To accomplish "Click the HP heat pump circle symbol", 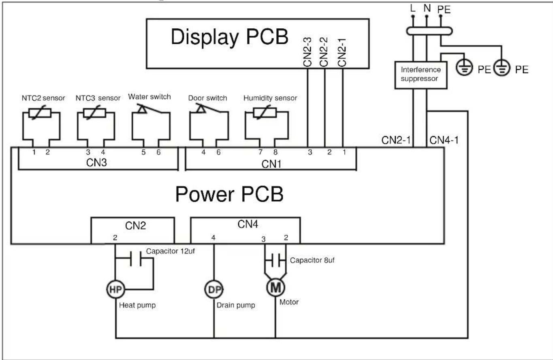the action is [x=115, y=289].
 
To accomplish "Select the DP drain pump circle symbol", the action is [x=214, y=289].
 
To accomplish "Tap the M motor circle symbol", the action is [x=275, y=287].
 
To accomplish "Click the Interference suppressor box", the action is [x=421, y=75].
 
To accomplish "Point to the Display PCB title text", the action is [x=230, y=37].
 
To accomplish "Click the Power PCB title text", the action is [x=229, y=194].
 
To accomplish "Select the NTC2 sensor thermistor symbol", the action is [x=40, y=113].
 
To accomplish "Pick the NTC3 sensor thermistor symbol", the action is [x=94, y=113].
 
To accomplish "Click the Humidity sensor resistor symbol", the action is [x=265, y=112].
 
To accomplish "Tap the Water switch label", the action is [x=149, y=97].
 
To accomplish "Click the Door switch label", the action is [x=207, y=98].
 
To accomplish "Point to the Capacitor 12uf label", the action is [x=170, y=251].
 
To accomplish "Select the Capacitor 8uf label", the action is [x=312, y=260].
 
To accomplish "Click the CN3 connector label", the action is [x=96, y=163].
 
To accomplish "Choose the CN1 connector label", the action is [x=271, y=164].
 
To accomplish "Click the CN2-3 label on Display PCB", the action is [x=307, y=52].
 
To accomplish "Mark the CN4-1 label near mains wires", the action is [x=444, y=140].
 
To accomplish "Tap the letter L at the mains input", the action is [x=412, y=9].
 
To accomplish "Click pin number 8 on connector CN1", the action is [x=275, y=152].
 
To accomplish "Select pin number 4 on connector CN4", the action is [x=213, y=238].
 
